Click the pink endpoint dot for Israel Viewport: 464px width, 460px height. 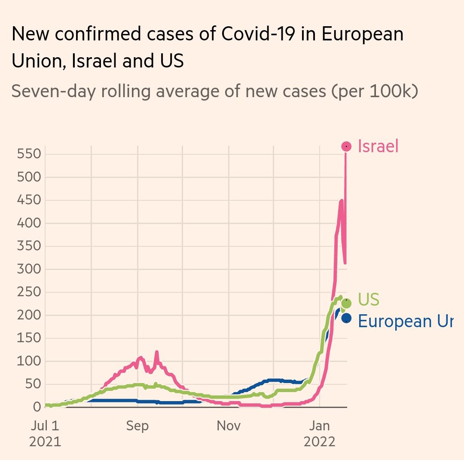coord(346,147)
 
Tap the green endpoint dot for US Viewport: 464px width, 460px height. coord(346,303)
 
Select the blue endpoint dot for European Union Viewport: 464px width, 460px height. coord(346,319)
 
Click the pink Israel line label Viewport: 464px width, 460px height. coord(378,147)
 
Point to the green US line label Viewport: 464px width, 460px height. coord(369,300)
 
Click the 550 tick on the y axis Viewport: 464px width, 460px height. coord(29,154)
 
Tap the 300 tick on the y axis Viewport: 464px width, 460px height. coord(29,270)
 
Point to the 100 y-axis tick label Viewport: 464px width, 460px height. coord(29,362)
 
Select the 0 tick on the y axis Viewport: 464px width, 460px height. coord(36,407)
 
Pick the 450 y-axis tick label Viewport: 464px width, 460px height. coord(29,200)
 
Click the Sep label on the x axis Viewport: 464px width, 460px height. coord(137,426)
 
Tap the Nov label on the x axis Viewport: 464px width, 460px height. coord(229,426)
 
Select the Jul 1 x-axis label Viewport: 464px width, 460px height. coord(45,426)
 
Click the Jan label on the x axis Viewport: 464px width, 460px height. coord(320,426)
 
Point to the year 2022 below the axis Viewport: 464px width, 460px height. coord(320,442)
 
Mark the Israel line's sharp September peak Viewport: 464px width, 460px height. coord(156,352)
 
